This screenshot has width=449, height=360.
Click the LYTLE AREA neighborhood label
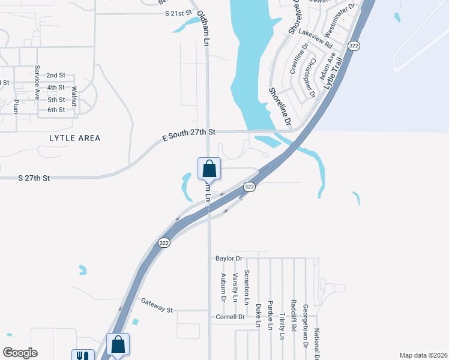click(75, 138)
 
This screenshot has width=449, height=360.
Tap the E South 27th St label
click(188, 135)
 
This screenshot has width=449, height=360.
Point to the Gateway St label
click(157, 307)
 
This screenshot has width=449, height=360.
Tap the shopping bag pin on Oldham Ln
click(209, 168)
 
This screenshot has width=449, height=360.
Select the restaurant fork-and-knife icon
click(82, 356)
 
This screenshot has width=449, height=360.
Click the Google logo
click(20, 353)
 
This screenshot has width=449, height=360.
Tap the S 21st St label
click(179, 12)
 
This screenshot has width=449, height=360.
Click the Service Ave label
click(37, 83)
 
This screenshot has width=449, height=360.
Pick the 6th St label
click(56, 110)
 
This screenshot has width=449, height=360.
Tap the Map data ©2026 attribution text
click(423, 355)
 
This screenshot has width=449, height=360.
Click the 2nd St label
click(56, 76)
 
